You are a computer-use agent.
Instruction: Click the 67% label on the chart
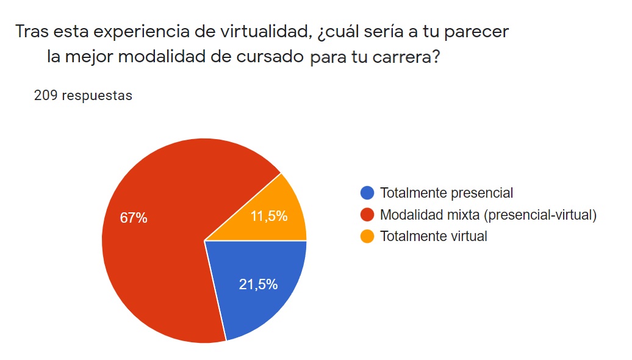[x=133, y=218]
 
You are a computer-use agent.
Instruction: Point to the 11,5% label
[x=269, y=216]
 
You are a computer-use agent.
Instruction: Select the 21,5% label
[x=258, y=284]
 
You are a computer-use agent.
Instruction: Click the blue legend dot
[x=367, y=193]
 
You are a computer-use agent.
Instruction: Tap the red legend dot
[x=367, y=215]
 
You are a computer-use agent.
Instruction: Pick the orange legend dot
[x=367, y=236]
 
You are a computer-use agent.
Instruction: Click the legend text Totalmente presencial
[x=446, y=193]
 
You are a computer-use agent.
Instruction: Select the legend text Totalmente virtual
[x=433, y=236]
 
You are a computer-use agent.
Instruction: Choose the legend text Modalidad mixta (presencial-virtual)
[x=487, y=215]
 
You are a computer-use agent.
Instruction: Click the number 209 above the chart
[x=46, y=96]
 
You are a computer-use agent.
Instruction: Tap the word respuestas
[x=97, y=96]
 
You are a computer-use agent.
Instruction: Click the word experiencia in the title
[x=124, y=32]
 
